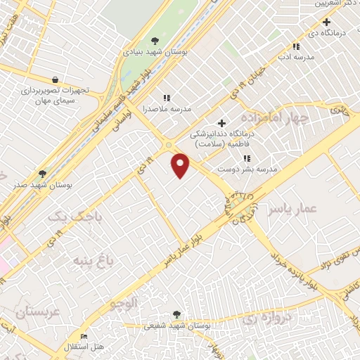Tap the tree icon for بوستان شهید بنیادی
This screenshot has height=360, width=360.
[x=155, y=41]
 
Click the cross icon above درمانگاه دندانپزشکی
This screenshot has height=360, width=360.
[x=222, y=123]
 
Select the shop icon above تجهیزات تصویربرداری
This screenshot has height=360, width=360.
[x=55, y=79]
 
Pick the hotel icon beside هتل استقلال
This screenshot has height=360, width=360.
[x=85, y=337]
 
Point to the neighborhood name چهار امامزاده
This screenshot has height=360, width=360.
[x=274, y=117]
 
